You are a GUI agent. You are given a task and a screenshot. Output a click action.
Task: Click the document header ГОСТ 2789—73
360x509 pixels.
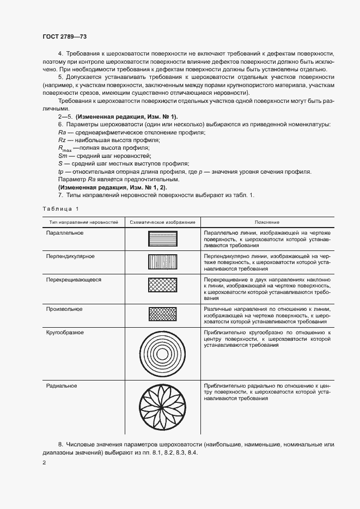point(64,36)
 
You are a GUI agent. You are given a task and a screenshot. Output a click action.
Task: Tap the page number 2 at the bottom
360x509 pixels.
point(44,463)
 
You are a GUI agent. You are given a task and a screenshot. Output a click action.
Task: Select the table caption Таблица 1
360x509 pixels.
point(60,209)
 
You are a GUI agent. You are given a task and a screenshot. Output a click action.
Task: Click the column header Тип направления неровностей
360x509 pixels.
point(84,223)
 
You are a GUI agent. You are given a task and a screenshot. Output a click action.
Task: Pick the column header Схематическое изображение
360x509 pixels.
point(162,223)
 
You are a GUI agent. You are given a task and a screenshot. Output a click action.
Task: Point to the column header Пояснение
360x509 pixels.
point(267,223)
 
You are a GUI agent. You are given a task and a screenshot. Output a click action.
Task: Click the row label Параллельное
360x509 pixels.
point(65,233)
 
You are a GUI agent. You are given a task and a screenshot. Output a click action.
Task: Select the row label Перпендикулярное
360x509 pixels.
point(71,256)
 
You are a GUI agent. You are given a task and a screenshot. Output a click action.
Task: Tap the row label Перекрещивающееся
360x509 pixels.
point(74,279)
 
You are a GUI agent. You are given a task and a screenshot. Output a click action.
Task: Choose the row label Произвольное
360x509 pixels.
point(65,309)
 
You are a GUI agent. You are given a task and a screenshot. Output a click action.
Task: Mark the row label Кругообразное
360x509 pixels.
point(65,331)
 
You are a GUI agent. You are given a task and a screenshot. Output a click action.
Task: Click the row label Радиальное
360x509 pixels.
point(62,385)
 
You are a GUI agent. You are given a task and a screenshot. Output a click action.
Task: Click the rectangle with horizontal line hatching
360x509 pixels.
point(162,239)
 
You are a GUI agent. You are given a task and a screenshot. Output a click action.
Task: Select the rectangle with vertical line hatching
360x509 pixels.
point(162,262)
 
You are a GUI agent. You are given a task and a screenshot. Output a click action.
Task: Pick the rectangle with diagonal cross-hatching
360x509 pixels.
point(162,286)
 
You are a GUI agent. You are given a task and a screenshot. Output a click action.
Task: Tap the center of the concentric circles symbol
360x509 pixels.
point(162,353)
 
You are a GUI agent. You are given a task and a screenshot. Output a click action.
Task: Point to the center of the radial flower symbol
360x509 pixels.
point(162,408)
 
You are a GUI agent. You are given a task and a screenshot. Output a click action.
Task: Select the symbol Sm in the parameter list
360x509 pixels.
point(62,156)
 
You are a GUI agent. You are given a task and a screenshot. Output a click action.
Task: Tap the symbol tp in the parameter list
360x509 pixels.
point(60,171)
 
